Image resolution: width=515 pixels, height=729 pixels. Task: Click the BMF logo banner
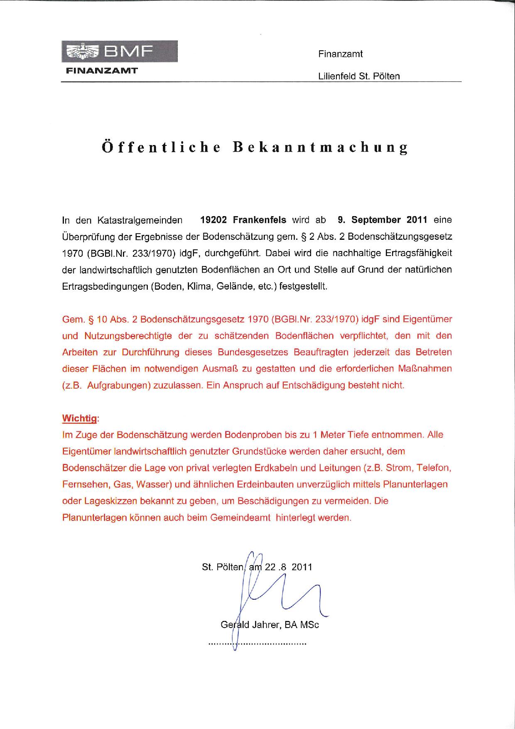(x=120, y=52)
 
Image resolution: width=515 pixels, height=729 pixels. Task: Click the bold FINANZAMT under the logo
(x=102, y=70)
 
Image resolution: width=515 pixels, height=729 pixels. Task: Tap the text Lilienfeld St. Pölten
(x=359, y=76)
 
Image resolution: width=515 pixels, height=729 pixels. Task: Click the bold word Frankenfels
(x=260, y=220)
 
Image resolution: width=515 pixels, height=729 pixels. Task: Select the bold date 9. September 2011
(x=383, y=220)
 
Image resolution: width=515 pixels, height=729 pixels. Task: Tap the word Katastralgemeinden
(x=140, y=220)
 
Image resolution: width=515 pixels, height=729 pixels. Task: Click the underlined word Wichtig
(x=80, y=418)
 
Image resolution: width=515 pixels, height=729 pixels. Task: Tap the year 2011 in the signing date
(x=302, y=567)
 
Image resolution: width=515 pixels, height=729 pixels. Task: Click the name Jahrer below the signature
(x=267, y=625)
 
